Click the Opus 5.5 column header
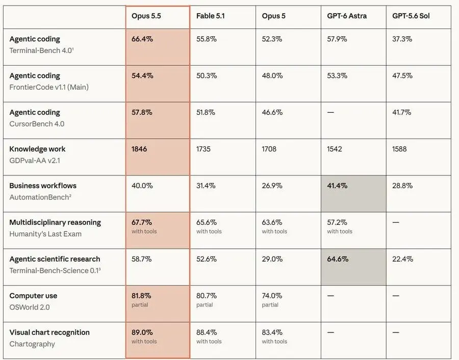146,16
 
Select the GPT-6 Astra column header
347,16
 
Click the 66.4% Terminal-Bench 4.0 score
142,39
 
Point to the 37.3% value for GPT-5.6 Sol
402,39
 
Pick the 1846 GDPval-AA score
139,149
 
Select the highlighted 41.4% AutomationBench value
337,186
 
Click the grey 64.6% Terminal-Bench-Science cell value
338,259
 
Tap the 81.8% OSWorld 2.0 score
141,296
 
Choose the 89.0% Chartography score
142,332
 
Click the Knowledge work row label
37,149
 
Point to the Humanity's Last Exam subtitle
45,234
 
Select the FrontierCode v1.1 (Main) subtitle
49,87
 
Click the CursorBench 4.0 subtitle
37,124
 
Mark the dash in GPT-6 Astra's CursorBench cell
330,112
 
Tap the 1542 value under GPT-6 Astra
334,149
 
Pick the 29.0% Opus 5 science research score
272,259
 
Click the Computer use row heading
33,296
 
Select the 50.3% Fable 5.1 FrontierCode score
207,76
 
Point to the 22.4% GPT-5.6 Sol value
402,259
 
